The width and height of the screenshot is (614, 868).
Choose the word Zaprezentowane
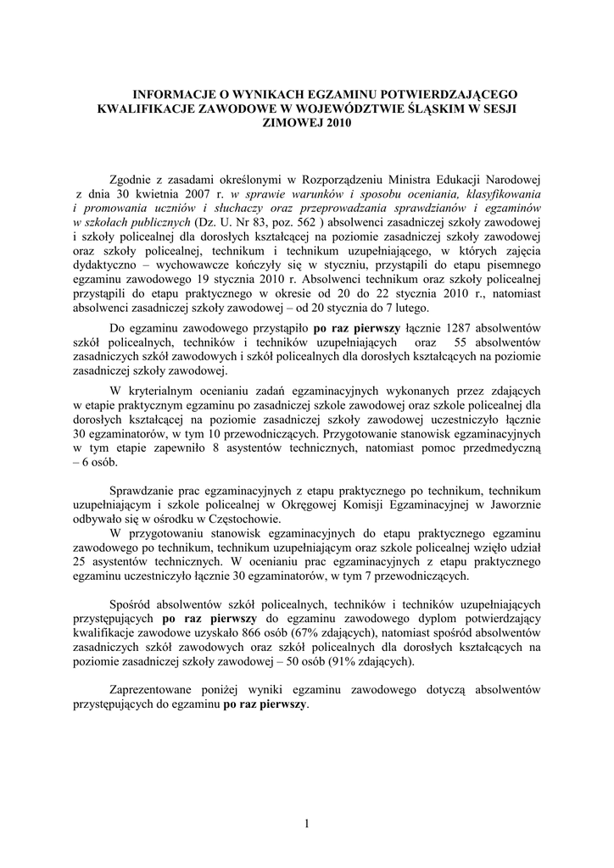(x=158, y=689)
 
